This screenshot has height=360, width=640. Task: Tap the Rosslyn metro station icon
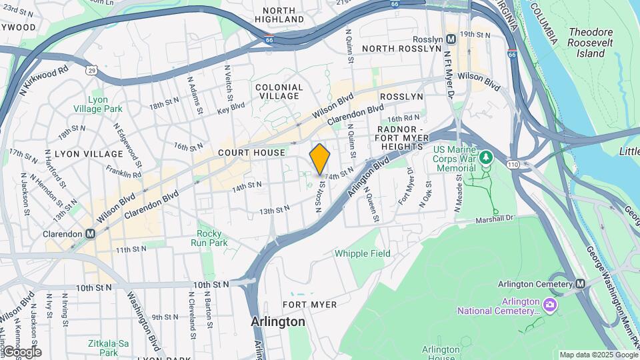[x=451, y=39]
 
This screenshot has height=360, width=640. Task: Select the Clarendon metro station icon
[x=89, y=234]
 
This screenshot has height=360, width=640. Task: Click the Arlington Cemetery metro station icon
[x=580, y=283]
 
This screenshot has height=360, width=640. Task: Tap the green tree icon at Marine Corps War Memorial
[x=487, y=157]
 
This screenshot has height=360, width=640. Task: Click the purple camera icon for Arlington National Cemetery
[x=549, y=305]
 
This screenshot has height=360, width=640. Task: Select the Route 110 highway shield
[x=512, y=163]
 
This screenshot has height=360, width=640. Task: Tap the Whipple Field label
[x=363, y=253]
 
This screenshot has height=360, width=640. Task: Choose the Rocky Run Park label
[x=213, y=238]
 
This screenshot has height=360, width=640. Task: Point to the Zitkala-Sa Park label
[x=109, y=347]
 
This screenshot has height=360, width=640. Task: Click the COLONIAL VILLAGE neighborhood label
[x=279, y=91]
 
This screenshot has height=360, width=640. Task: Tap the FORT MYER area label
[x=309, y=305]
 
